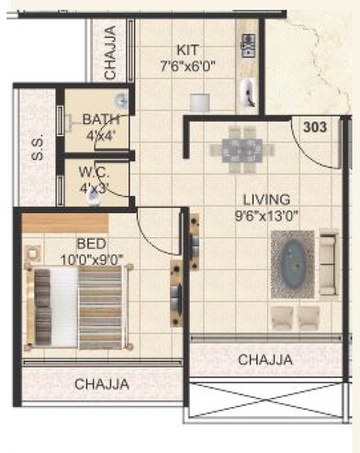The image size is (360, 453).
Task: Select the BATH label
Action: tap(100, 119)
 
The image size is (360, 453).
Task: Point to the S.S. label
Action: tap(38, 150)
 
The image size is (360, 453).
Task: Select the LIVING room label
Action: tap(266, 198)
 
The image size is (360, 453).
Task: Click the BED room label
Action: tap(89, 243)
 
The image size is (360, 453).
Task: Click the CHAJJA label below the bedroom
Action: tap(102, 383)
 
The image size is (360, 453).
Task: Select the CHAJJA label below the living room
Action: tap(265, 359)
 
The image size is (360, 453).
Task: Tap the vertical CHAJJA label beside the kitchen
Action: tap(109, 54)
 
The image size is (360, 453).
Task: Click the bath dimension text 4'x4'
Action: tap(99, 136)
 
